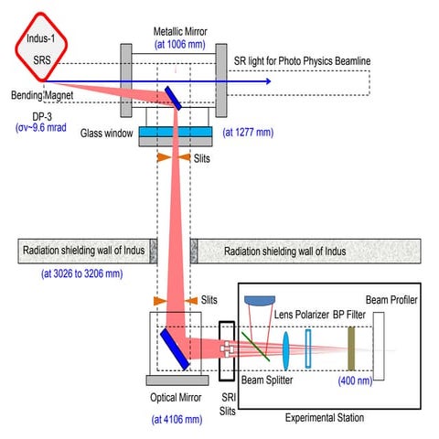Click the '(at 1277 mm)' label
click(x=250, y=131)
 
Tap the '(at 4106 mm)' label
click(x=176, y=419)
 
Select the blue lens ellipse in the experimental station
click(x=287, y=347)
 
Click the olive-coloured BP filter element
click(x=350, y=347)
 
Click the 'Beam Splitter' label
click(x=268, y=380)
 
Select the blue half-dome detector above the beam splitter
click(x=263, y=298)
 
